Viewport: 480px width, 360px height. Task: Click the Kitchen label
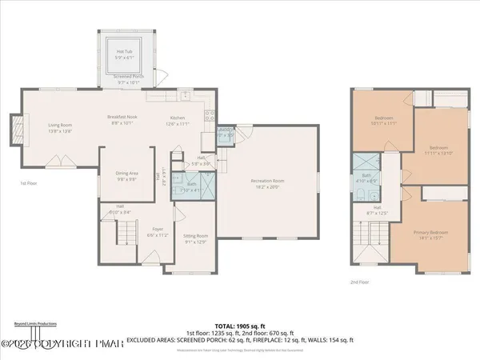(177, 121)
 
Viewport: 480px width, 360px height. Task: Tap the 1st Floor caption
(30, 183)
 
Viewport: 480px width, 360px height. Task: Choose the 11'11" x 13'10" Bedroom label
(439, 150)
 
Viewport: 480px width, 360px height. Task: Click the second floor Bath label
(367, 177)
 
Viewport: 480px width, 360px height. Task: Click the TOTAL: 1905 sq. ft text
(240, 327)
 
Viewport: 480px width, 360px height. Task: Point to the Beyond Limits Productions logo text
(34, 324)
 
